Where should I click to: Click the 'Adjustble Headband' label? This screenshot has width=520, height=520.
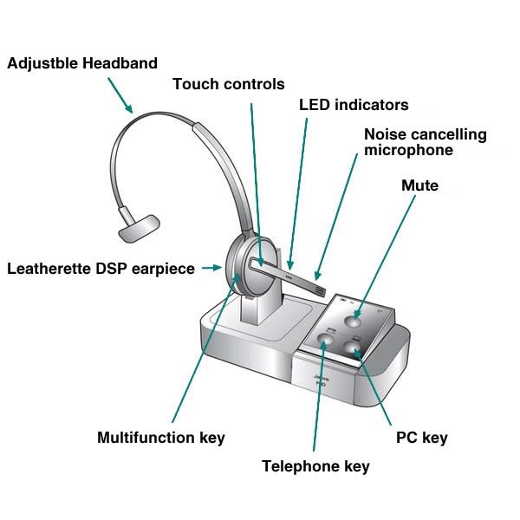tap(83, 63)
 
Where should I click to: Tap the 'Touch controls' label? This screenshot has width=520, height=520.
tap(229, 84)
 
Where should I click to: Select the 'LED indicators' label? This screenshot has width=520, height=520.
tap(354, 105)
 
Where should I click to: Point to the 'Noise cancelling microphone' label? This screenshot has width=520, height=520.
tap(425, 142)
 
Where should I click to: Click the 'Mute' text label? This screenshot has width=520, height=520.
tap(420, 185)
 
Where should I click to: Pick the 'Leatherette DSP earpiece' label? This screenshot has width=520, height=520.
tap(101, 269)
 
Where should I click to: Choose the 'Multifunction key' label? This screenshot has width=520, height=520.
tap(161, 438)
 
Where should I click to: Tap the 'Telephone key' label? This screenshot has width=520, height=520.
tap(315, 466)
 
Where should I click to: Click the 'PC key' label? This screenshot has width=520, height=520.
tap(422, 438)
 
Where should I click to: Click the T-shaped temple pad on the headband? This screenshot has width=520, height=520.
tap(139, 226)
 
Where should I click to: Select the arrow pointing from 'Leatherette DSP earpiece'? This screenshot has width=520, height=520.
tap(210, 269)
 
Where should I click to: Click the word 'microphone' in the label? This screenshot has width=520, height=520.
tap(408, 150)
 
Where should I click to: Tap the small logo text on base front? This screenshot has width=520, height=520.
tap(320, 382)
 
